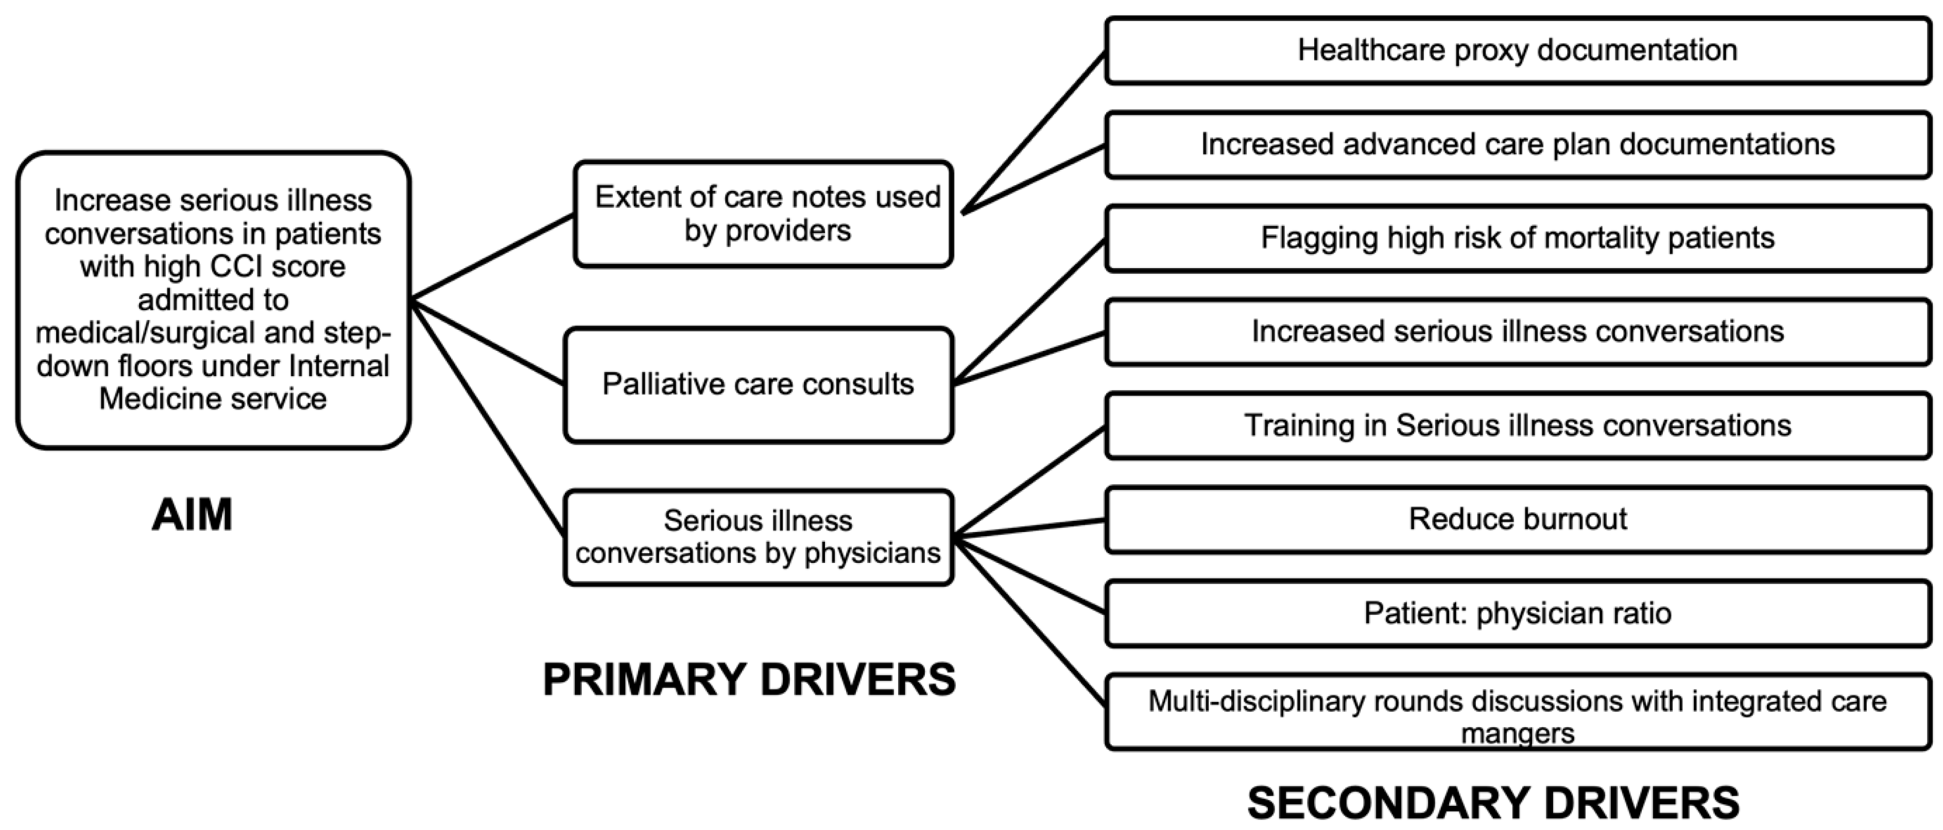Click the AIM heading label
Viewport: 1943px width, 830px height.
click(192, 515)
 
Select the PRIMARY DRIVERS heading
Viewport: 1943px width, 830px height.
click(749, 679)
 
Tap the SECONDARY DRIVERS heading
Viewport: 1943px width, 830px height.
click(1493, 803)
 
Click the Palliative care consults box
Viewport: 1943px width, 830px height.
click(758, 384)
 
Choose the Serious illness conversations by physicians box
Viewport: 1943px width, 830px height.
click(758, 537)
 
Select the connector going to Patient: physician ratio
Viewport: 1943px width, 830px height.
click(1029, 574)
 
